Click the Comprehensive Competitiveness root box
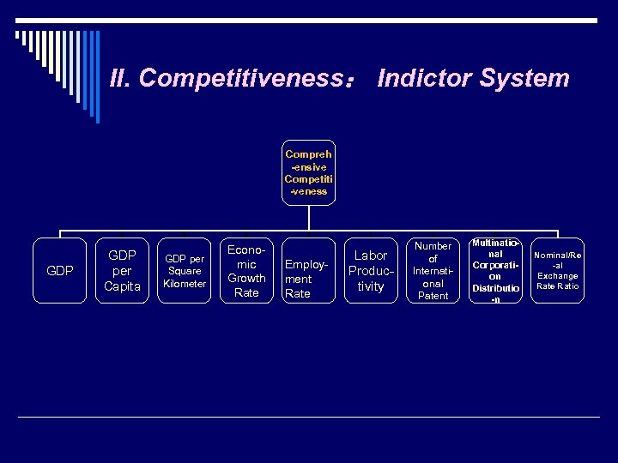click(x=308, y=173)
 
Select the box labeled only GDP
click(x=59, y=271)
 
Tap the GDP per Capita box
click(x=122, y=271)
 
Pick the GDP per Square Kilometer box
click(x=185, y=271)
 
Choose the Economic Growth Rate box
click(x=246, y=271)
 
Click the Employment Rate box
click(x=308, y=271)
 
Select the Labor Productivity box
click(x=371, y=271)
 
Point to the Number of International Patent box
click(x=433, y=271)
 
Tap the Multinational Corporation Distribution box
click(x=495, y=271)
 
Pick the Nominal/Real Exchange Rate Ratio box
click(x=557, y=271)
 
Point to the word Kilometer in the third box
click(x=185, y=284)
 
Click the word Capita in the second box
click(x=122, y=286)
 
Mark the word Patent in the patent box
click(x=433, y=296)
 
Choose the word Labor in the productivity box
click(x=371, y=256)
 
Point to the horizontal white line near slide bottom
click(x=309, y=417)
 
